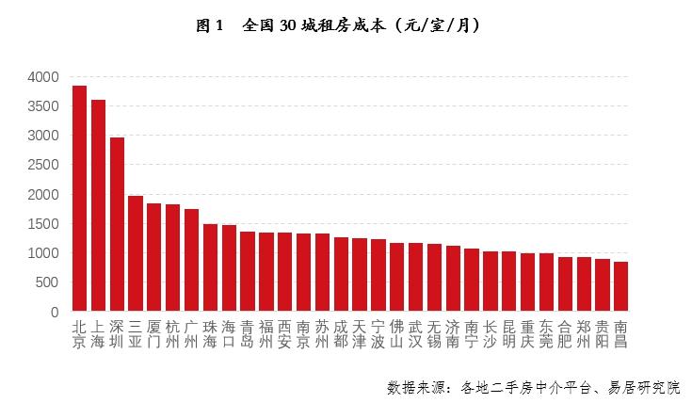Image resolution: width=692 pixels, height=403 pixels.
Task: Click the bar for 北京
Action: [79, 199]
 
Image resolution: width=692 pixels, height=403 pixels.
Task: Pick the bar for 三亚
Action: [136, 253]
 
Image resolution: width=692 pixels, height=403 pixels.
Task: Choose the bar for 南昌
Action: [620, 286]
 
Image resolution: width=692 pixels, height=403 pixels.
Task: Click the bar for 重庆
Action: [527, 282]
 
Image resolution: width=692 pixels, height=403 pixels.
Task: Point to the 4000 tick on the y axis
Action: [43, 77]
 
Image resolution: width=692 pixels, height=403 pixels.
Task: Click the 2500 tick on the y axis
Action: [43, 165]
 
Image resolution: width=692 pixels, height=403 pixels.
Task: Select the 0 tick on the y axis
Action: [56, 312]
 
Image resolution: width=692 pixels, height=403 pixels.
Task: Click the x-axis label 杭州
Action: [172, 334]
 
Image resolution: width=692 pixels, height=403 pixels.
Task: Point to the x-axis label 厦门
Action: [153, 334]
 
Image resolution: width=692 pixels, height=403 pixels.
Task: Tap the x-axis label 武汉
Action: [415, 334]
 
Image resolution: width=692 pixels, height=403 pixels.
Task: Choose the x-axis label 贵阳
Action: [602, 334]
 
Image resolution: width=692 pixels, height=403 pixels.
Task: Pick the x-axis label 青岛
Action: [247, 334]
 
